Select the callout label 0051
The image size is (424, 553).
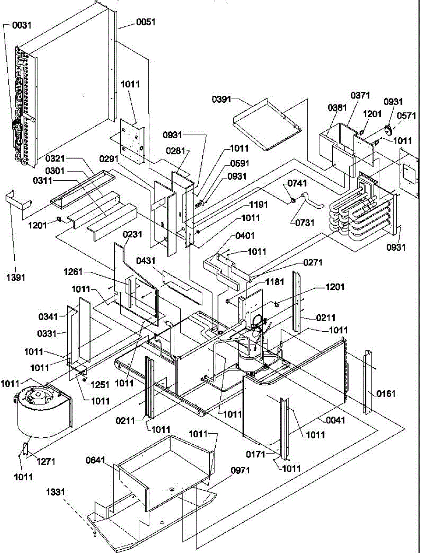146,21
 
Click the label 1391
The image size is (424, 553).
17,277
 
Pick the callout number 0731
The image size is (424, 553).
306,223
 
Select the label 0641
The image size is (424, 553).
96,459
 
